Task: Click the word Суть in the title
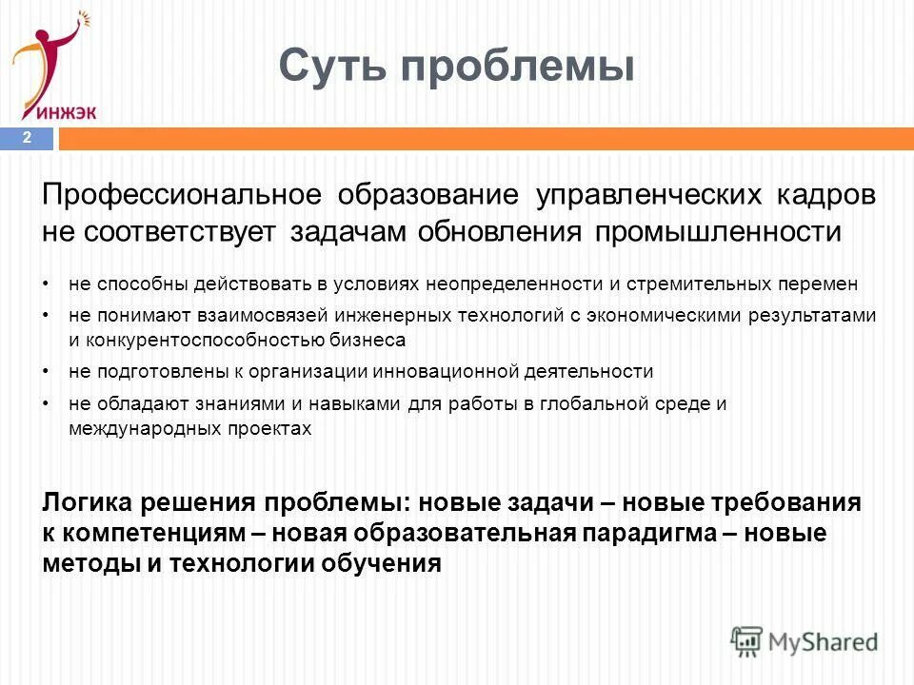(332, 66)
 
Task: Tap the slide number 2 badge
(28, 138)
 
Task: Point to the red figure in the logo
(48, 52)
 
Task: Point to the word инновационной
(459, 371)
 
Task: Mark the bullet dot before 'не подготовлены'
(47, 372)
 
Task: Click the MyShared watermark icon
(747, 640)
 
